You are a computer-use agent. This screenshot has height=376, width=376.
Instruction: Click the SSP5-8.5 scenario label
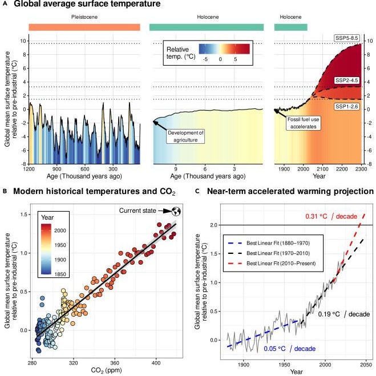point(346,38)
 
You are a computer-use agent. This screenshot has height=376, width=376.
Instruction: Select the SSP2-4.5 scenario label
point(346,80)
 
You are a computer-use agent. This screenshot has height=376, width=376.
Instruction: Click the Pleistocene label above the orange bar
point(84,17)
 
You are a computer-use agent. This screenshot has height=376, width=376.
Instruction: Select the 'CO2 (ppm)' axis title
point(104,371)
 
